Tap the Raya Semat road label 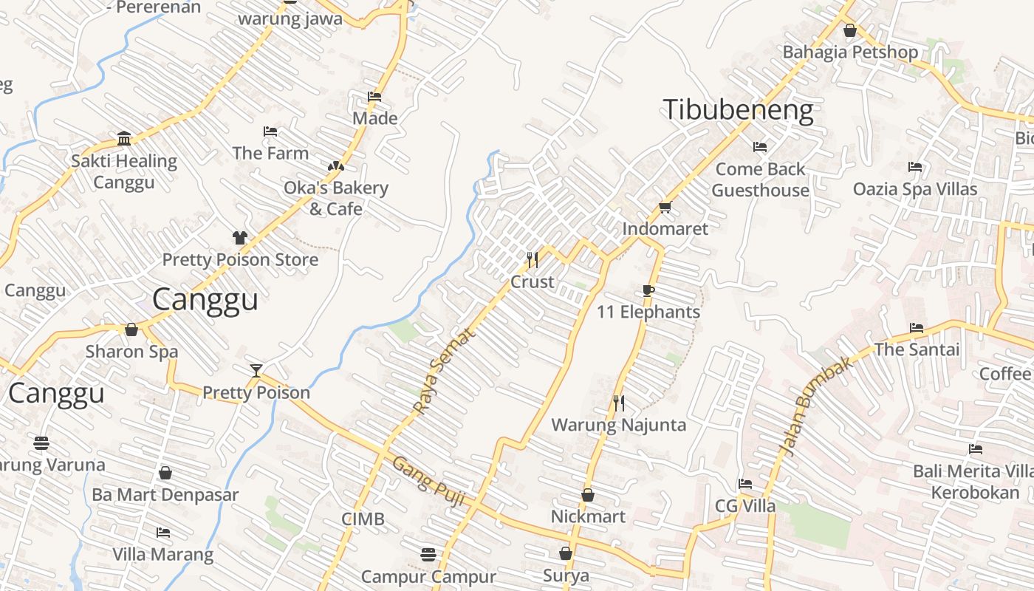pos(445,371)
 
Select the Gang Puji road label pos(428,482)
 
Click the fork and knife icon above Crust pos(532,259)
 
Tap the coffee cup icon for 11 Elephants pos(648,290)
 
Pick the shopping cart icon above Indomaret pos(665,208)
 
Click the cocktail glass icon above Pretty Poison pos(256,370)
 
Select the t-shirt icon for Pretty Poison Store pos(240,238)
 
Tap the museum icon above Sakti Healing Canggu pos(124,139)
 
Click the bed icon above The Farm pos(270,131)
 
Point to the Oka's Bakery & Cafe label pos(336,198)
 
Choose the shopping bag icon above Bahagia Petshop pos(849,30)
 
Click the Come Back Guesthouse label pos(760,180)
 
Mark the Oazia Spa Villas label pos(915,189)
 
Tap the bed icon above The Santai pos(917,327)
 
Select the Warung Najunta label pos(619,425)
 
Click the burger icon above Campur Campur pos(428,554)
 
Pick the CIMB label pos(363,519)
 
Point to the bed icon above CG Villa pos(745,484)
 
